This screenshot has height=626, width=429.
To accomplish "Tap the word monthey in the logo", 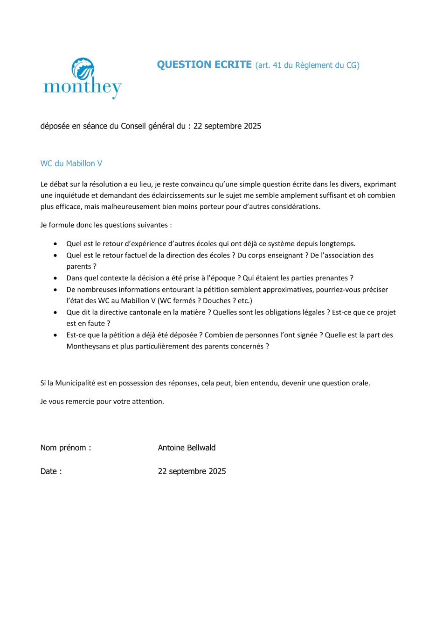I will tap(83, 87).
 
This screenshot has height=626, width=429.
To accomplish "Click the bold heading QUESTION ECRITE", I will tap(204, 65).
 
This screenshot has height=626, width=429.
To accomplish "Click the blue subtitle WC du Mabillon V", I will tap(71, 164).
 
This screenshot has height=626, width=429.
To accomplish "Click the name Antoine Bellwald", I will tap(187, 448).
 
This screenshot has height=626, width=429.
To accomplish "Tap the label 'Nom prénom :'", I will tap(66, 448).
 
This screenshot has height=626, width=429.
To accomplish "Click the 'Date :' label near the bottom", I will tap(51, 471).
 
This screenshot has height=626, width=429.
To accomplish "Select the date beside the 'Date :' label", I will tap(192, 471).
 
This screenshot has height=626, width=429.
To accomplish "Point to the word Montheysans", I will tap(88, 346).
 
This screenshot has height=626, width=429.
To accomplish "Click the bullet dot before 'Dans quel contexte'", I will tap(56, 278).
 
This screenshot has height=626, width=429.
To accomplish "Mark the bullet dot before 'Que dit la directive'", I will tap(56, 312).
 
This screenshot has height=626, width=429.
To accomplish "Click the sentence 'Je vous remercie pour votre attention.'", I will tap(102, 401).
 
